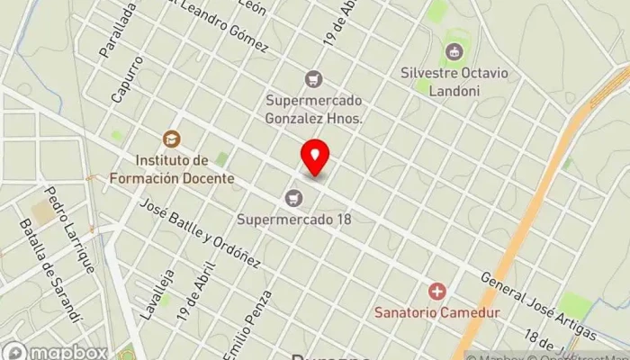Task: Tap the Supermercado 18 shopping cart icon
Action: point(292,197)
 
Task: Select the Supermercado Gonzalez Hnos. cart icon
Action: point(313,79)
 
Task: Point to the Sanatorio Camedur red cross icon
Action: point(437,291)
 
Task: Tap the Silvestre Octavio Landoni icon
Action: point(455,50)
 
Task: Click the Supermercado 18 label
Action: point(293,219)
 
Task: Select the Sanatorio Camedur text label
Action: point(438,312)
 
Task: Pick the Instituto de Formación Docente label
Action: point(171,169)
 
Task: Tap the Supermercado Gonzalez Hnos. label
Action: point(313,109)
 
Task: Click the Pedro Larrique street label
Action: point(70,229)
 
